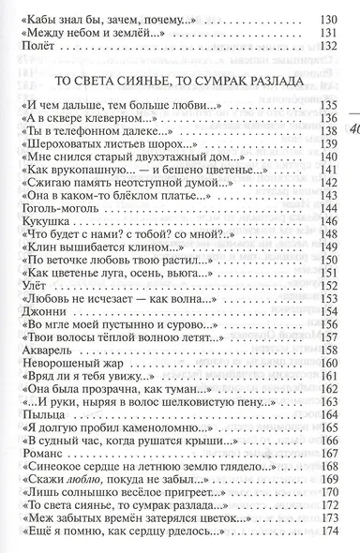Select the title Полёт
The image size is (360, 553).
tap(35, 52)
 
